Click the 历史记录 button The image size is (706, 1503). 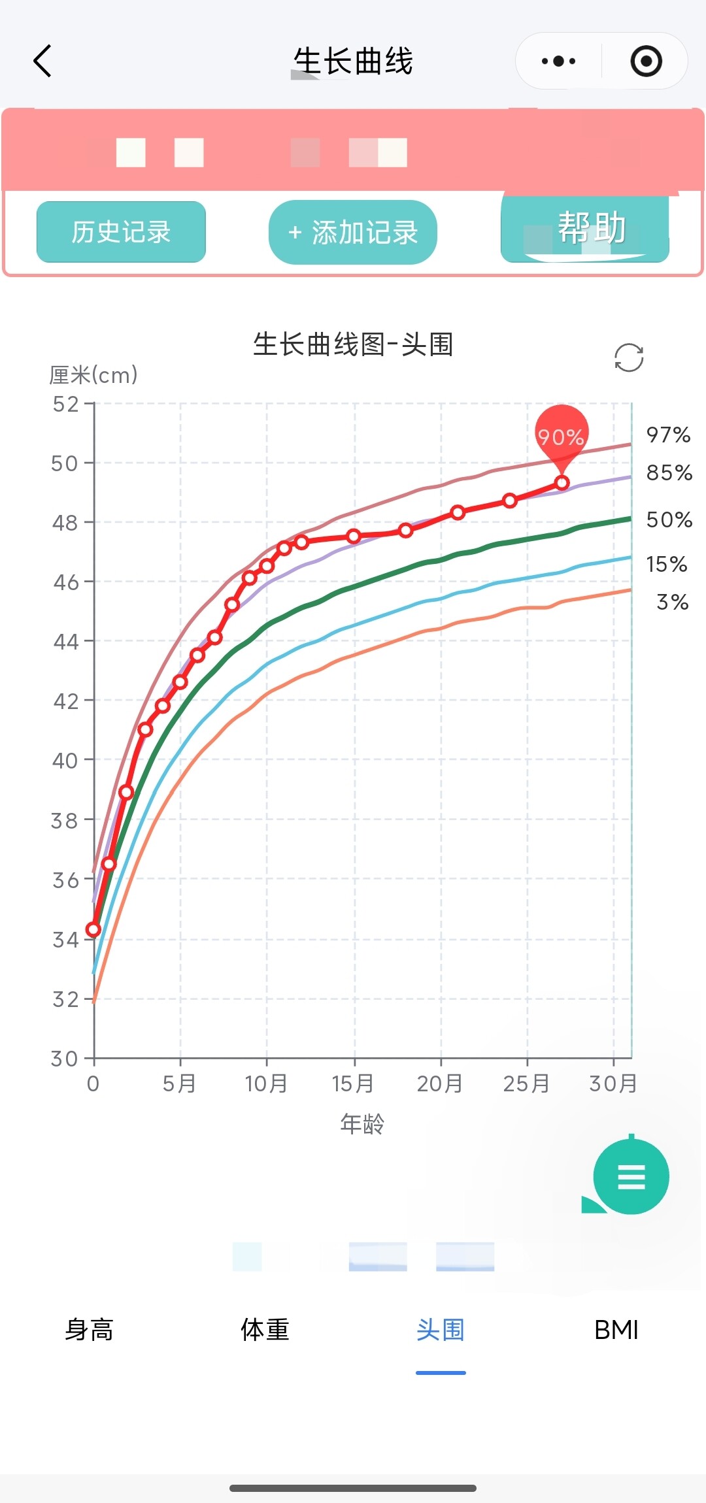121,232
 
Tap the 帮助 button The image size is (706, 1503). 585,229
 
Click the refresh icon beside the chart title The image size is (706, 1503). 629,357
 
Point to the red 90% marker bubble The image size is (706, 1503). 562,435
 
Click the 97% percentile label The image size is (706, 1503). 668,435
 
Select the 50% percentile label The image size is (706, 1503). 669,520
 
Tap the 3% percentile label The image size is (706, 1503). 672,603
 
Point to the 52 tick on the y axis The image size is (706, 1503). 65,405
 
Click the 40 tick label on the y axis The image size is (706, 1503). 65,761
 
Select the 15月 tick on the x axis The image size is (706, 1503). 353,1083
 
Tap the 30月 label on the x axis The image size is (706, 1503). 613,1083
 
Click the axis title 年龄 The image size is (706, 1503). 362,1124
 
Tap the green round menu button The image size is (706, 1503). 631,1176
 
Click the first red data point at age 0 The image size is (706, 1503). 93,929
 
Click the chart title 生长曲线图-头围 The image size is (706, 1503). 353,344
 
